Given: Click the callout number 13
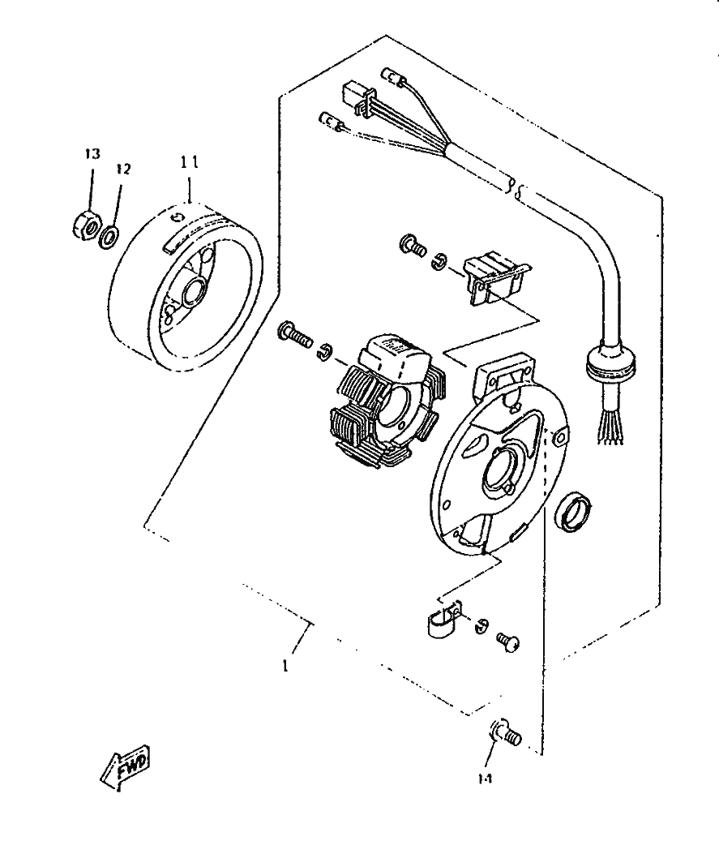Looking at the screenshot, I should pyautogui.click(x=92, y=153).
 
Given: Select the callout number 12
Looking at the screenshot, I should pyautogui.click(x=122, y=169).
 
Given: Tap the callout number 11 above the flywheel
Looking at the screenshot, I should pyautogui.click(x=189, y=161).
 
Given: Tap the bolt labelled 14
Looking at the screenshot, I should pyautogui.click(x=506, y=733).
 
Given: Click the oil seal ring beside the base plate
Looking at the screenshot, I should pyautogui.click(x=572, y=513).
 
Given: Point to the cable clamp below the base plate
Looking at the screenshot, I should pyautogui.click(x=443, y=620).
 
